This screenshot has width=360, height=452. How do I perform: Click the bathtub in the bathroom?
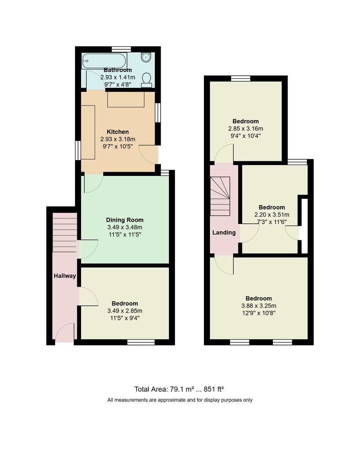[104, 60]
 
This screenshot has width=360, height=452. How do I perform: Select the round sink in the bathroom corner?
[146, 57]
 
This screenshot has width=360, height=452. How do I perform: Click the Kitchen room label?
[118, 132]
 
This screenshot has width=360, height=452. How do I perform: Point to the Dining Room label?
[124, 220]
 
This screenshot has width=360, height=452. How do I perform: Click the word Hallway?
[64, 276]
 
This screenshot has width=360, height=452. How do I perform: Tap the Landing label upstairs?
[224, 232]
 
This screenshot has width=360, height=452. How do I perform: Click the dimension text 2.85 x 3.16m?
[245, 128]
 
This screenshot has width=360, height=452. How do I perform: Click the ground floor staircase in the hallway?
[64, 232]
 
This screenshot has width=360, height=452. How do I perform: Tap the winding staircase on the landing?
[220, 196]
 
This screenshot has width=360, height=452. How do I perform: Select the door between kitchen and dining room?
[93, 183]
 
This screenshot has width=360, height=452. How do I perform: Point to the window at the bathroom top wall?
[121, 49]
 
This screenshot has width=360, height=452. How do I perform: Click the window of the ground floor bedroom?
[141, 342]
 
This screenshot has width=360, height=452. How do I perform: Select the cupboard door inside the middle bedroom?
[293, 233]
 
